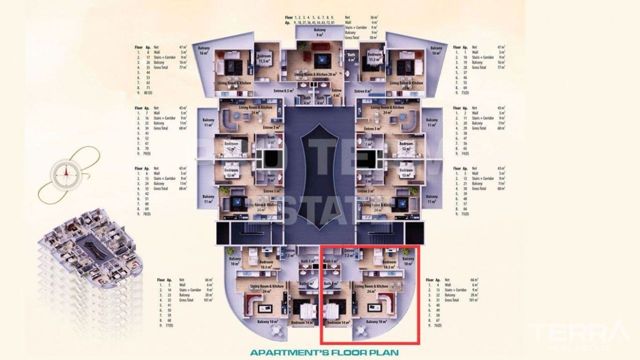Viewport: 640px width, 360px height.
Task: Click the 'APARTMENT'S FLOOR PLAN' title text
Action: coord(324,352)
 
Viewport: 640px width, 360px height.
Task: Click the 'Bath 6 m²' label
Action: coord(351,57)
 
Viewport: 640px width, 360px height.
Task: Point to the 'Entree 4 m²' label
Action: coord(336,93)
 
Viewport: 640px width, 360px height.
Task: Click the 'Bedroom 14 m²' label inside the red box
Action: coord(338,322)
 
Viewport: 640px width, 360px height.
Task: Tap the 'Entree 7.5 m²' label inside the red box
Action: coord(349,252)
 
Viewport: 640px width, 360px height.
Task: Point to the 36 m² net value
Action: coord(373,17)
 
